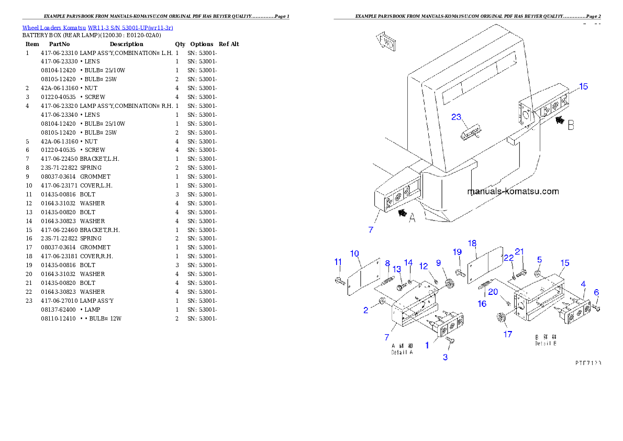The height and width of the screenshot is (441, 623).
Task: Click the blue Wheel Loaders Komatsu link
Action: click(97, 28)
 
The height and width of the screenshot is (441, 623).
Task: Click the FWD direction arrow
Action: click(386, 42)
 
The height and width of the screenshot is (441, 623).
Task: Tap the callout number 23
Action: click(457, 117)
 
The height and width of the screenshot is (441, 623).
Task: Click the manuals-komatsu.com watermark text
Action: click(513, 192)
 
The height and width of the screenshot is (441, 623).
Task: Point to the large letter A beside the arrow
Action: click(412, 218)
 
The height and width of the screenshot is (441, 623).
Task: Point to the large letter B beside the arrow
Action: click(571, 126)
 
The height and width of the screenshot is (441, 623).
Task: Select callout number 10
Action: click(354, 253)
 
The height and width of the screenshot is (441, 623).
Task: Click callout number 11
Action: click(338, 262)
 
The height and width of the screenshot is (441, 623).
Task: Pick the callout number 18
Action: click(472, 244)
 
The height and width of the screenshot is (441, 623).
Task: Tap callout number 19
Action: click(457, 252)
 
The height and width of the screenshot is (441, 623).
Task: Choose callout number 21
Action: click(519, 252)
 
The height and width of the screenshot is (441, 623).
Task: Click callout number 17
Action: click(507, 334)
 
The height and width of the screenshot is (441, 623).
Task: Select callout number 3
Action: click(446, 358)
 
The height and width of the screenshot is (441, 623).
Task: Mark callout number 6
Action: click(596, 292)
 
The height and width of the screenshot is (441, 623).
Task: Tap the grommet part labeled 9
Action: click(449, 284)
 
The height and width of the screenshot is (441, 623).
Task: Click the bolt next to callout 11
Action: click(340, 281)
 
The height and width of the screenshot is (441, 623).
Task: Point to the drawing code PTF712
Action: click(587, 362)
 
